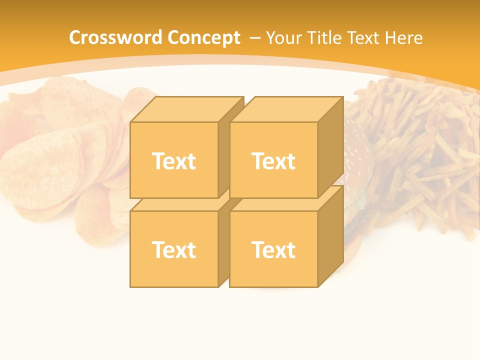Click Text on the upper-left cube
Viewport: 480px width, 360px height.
click(x=173, y=161)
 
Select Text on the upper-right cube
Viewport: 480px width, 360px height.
click(x=273, y=161)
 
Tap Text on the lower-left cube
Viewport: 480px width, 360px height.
click(x=173, y=249)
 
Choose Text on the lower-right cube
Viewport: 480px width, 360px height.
click(x=273, y=249)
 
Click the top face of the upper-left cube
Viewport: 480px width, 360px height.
click(x=186, y=109)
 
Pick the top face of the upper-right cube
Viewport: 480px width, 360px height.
click(x=286, y=109)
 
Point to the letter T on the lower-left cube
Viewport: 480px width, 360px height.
click(x=158, y=249)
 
